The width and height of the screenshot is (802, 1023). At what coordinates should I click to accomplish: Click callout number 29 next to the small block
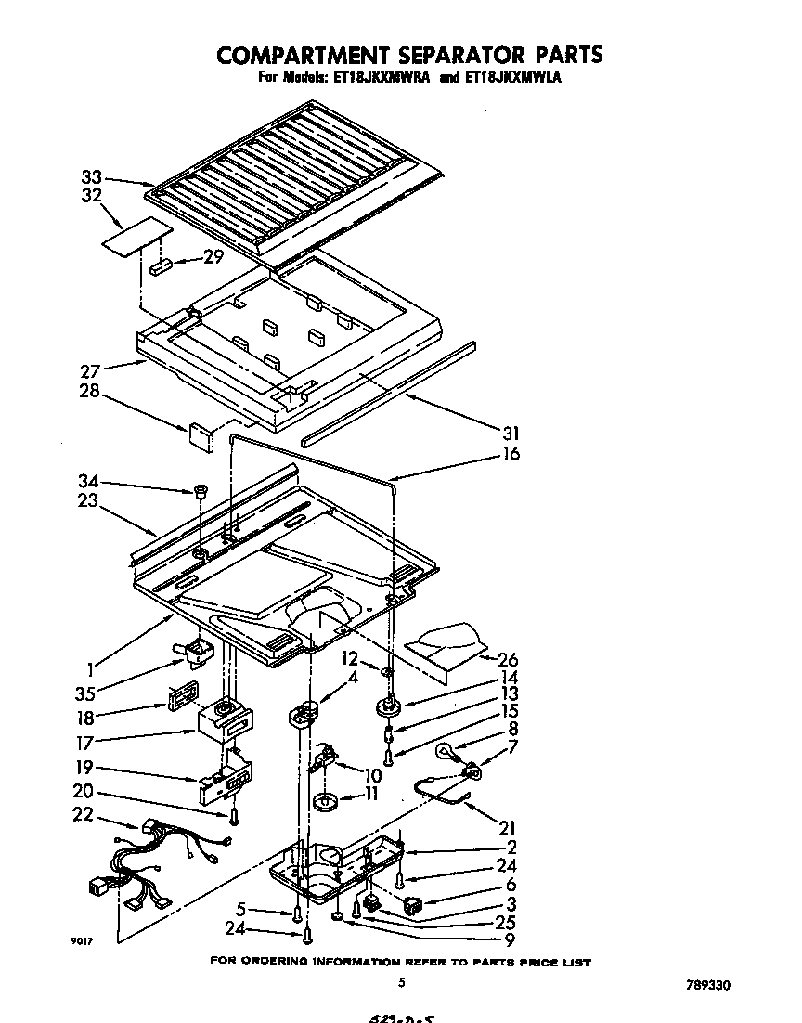[213, 257]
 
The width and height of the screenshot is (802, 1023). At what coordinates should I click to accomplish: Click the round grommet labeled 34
[200, 489]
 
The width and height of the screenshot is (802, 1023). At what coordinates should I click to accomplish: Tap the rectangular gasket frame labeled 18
[183, 695]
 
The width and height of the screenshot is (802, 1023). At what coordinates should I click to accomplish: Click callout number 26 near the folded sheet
[508, 660]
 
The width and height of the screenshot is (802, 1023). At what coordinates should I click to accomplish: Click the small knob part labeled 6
[414, 900]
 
